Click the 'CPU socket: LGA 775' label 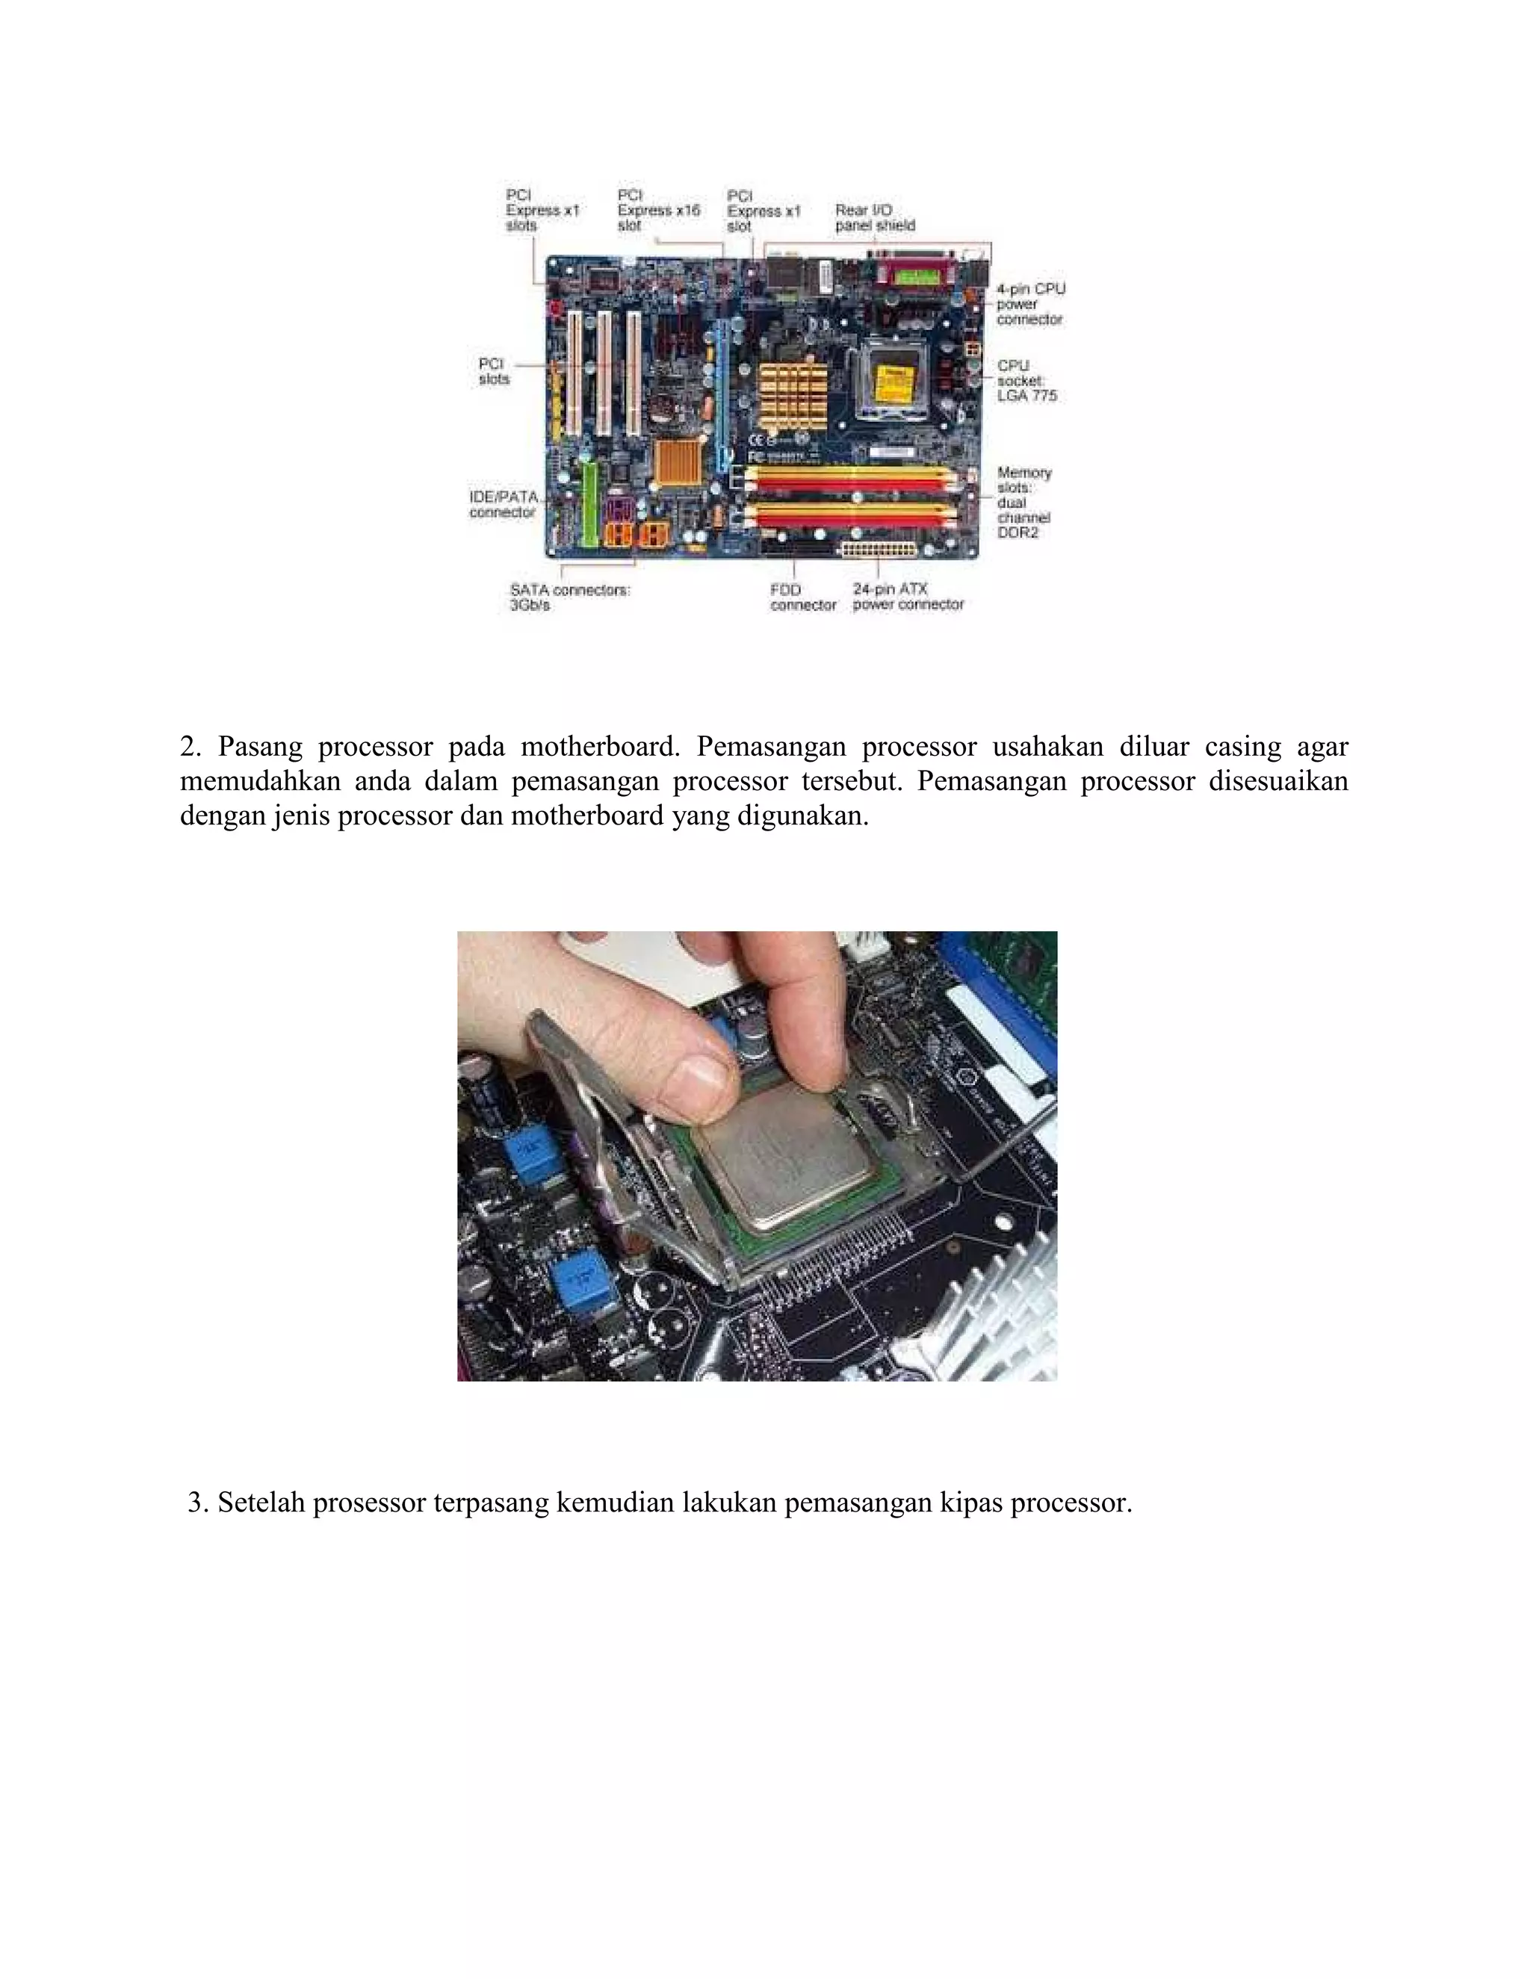1026,381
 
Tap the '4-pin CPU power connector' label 1029,303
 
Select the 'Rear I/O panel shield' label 875,217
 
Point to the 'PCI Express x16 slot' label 658,211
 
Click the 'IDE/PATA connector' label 503,505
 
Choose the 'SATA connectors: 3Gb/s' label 569,597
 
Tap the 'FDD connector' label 802,597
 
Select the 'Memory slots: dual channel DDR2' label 1024,502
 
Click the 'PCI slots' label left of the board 494,370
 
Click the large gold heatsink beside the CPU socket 792,395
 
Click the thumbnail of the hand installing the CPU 757,1155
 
